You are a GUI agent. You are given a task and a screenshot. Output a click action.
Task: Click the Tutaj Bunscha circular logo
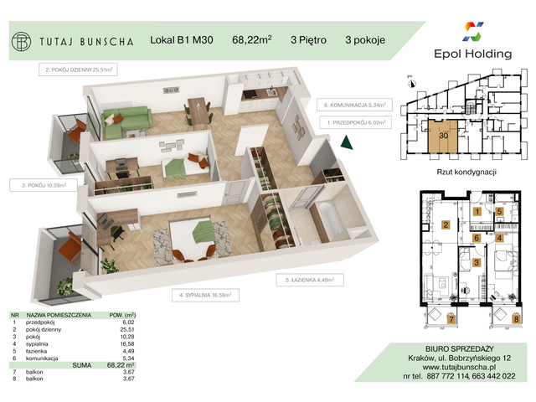(x=21, y=40)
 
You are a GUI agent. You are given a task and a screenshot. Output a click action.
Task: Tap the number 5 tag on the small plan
(x=500, y=212)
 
